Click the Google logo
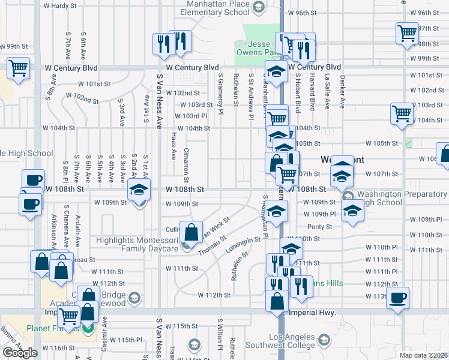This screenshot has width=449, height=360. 20,353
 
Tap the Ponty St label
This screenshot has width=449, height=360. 319,227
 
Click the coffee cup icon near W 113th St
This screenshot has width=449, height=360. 398,297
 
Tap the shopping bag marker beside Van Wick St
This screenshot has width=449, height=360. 191,233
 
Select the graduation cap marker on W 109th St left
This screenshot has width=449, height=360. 139,191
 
